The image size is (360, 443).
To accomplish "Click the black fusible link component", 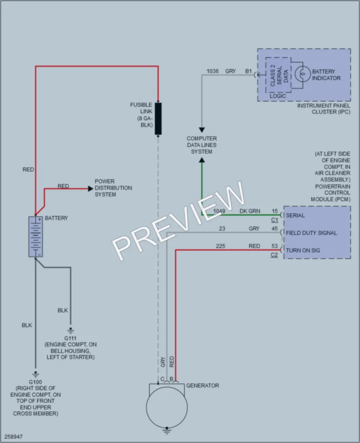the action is coord(158,119).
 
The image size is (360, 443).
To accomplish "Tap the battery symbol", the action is coord(35,237).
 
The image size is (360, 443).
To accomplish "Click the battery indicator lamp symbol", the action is coord(303,74).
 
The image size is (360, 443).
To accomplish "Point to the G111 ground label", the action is coord(70,338).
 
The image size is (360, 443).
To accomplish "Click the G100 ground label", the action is coord(35,382).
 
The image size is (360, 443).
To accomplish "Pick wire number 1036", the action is coord(213,71).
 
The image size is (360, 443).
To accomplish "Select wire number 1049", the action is coord(219,211).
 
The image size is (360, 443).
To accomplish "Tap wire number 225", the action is coord(221,246).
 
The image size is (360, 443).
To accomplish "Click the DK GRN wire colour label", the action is coord(250,211).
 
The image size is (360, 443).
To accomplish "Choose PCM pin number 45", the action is coord(275,229).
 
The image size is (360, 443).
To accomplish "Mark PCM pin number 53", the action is coord(275,246).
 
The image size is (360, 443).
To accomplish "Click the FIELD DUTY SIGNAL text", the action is coord(311,233).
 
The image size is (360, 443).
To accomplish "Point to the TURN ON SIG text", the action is coord(303,250).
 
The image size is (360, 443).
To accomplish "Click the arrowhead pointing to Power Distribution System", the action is coord(91,188).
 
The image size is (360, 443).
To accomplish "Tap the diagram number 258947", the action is coord(13,437).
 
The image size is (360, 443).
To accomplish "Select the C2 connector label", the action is coord(274,255).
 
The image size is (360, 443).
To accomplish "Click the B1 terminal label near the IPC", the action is coord(248,71).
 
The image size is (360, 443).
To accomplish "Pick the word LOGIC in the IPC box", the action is coord(278,96).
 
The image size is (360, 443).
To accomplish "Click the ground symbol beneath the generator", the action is coord(167,431).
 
